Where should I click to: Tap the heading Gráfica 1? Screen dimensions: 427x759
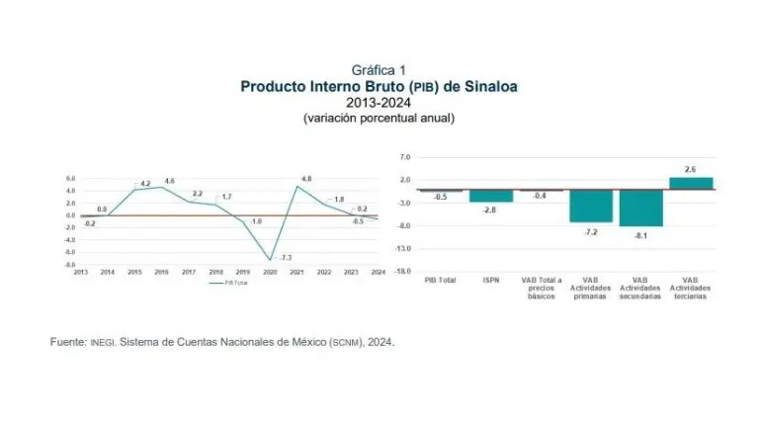[379, 69]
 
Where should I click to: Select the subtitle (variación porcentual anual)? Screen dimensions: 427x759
[379, 118]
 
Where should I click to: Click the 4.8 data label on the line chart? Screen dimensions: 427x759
[305, 179]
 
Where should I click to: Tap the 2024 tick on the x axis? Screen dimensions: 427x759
[378, 272]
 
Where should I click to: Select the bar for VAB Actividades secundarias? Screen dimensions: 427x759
[640, 208]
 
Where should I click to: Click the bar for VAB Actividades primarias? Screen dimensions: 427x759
[590, 206]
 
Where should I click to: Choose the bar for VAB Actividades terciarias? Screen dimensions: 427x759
[690, 183]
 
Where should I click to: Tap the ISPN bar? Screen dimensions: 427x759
[490, 196]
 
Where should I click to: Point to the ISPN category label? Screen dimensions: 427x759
[490, 281]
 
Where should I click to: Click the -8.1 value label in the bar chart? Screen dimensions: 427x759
[640, 235]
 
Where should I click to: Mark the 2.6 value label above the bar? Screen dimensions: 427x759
[690, 169]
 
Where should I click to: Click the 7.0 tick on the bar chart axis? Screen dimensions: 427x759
[405, 157]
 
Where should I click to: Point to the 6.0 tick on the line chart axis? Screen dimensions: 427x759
[71, 179]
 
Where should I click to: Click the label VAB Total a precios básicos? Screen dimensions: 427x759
[541, 288]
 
